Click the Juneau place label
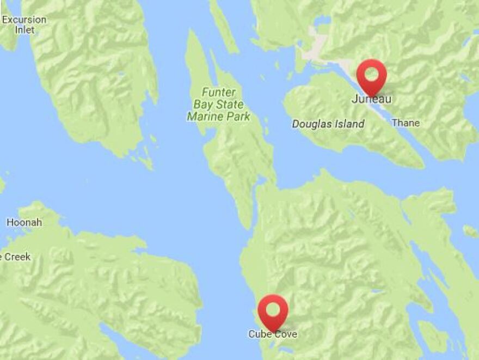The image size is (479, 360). [371, 99]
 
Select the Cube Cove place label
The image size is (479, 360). [273, 334]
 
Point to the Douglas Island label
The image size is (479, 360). [328, 124]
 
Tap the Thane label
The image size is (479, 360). [406, 123]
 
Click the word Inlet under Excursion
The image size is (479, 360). [24, 30]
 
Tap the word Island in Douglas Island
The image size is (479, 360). [350, 124]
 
